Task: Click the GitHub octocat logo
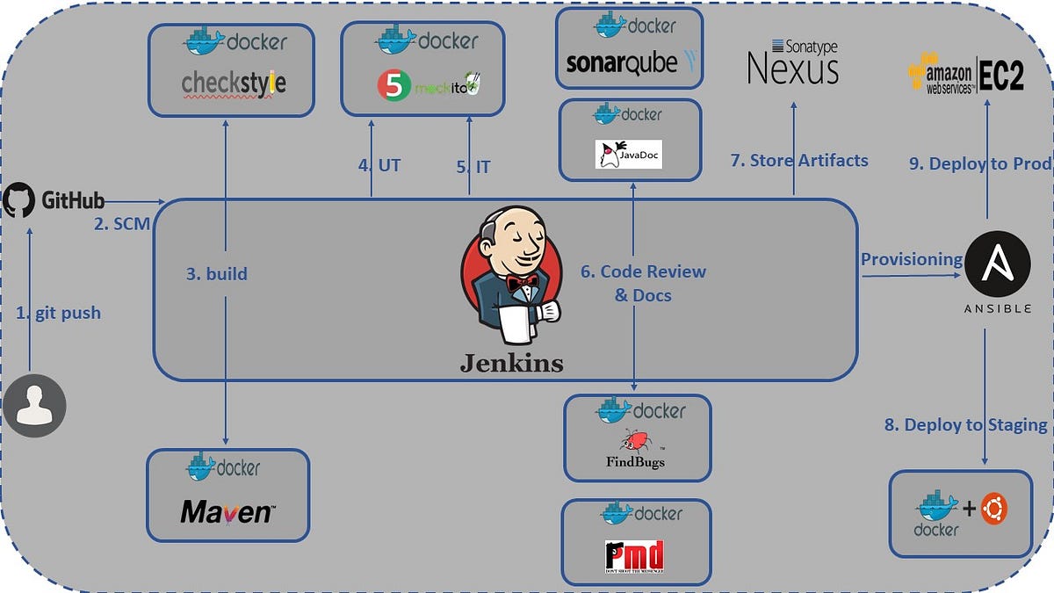pyautogui.click(x=19, y=200)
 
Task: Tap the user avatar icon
pyautogui.click(x=34, y=407)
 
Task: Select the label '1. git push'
pyautogui.click(x=58, y=313)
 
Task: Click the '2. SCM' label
pyautogui.click(x=121, y=224)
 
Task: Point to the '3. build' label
pyautogui.click(x=216, y=274)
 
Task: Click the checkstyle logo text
pyautogui.click(x=233, y=83)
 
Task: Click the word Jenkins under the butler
pyautogui.click(x=511, y=362)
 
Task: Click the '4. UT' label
pyautogui.click(x=379, y=165)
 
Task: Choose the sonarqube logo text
pyautogui.click(x=621, y=63)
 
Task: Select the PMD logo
pyautogui.click(x=634, y=557)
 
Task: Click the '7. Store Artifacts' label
pyautogui.click(x=798, y=161)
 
